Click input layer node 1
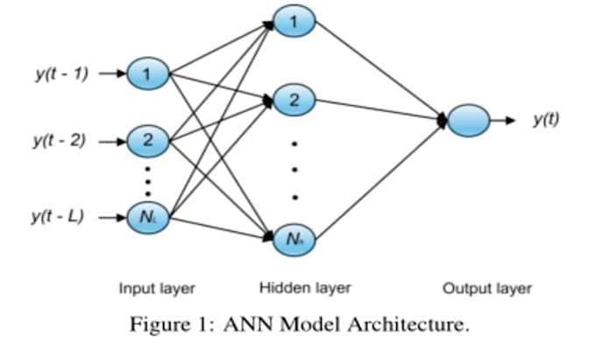point(148,74)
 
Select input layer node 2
point(148,139)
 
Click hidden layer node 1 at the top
point(295,18)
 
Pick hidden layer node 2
point(295,100)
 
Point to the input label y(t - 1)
point(60,74)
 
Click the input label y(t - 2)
point(60,139)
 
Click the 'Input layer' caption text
point(157,287)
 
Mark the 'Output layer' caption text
point(486,287)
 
